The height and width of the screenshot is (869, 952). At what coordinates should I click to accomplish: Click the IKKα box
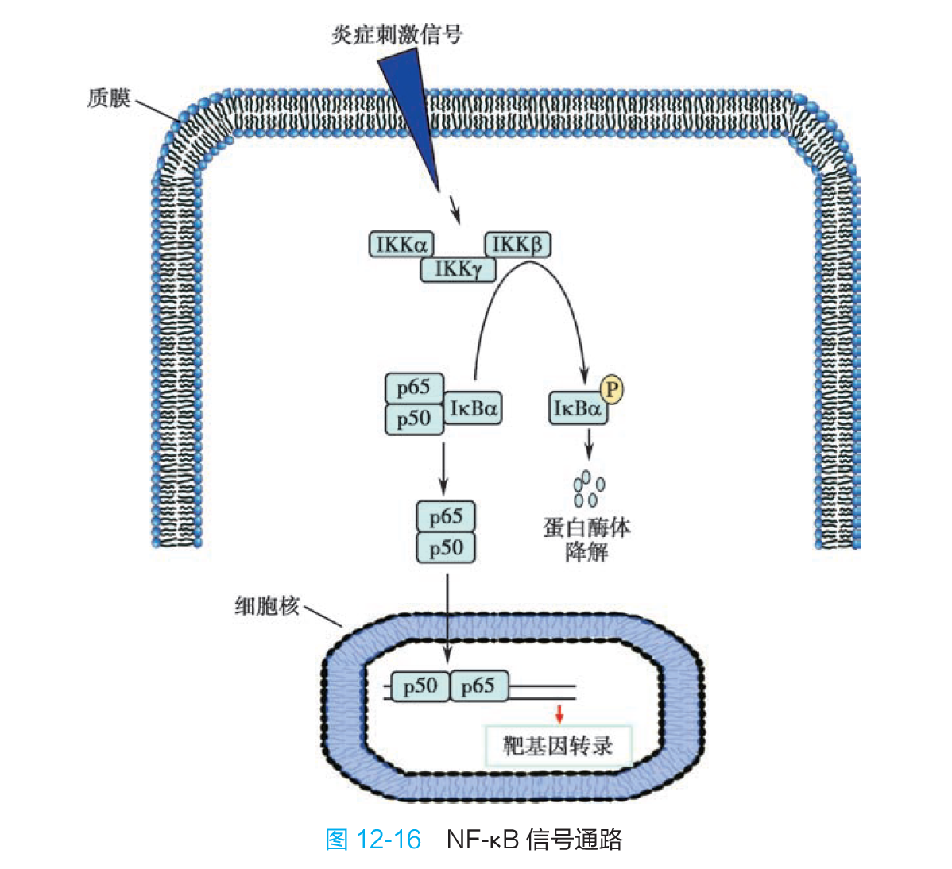pos(401,244)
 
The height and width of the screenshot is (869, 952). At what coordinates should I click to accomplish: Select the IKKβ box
pos(517,244)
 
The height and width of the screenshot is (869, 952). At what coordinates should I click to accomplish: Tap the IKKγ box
pos(458,269)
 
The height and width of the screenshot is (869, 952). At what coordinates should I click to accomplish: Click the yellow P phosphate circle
pos(611,389)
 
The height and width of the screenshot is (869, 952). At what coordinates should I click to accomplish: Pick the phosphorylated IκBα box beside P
pos(578,408)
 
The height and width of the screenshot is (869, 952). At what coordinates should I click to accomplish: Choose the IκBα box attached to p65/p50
pos(473,408)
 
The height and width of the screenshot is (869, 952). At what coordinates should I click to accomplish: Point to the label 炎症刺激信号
pos(397,34)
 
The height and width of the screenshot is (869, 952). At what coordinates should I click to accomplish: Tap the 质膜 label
pos(109,98)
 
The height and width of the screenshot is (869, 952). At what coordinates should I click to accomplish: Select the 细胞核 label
pos(267,606)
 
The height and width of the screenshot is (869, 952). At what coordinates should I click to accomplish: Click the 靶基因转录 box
pos(558,746)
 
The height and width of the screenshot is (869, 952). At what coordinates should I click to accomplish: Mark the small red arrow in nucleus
pos(559,713)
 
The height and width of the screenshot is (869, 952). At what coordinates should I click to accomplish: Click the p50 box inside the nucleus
pos(420,686)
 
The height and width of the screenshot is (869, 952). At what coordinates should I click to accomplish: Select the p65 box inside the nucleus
pos(478,686)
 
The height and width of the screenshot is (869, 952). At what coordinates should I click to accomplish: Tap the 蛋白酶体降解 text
pos(586,539)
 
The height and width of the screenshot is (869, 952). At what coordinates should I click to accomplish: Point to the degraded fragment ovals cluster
pos(588,489)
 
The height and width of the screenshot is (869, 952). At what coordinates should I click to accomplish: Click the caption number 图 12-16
pos(373,840)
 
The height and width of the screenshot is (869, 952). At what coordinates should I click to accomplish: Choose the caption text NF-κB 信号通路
pos(534,840)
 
